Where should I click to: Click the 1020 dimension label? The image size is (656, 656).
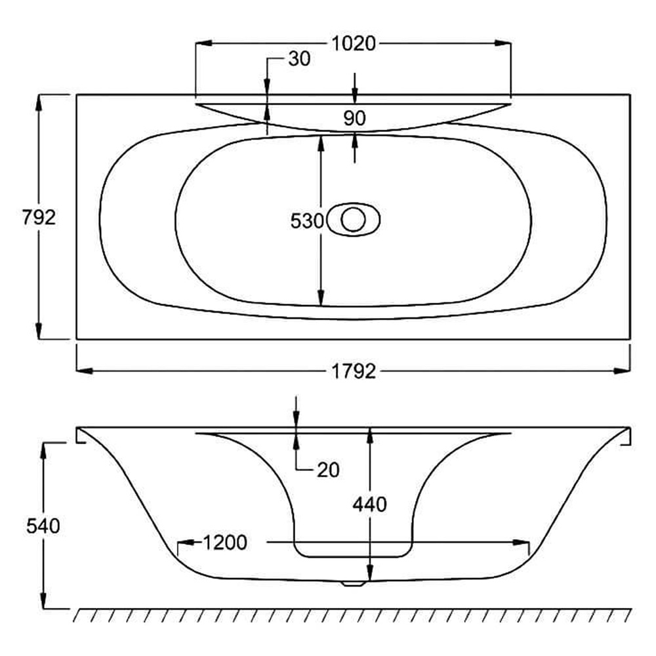(x=354, y=43)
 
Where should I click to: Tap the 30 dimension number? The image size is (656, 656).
(x=299, y=59)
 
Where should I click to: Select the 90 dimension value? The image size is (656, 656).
(x=354, y=118)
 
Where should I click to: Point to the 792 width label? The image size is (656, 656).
(x=39, y=218)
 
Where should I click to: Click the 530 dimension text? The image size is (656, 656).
(x=307, y=221)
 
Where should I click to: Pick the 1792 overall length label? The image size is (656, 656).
(x=354, y=371)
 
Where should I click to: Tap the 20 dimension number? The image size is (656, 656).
(x=328, y=470)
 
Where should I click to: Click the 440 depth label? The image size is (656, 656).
(x=369, y=504)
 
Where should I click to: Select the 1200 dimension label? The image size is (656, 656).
(x=224, y=543)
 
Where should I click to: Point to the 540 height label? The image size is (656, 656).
(x=43, y=526)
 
